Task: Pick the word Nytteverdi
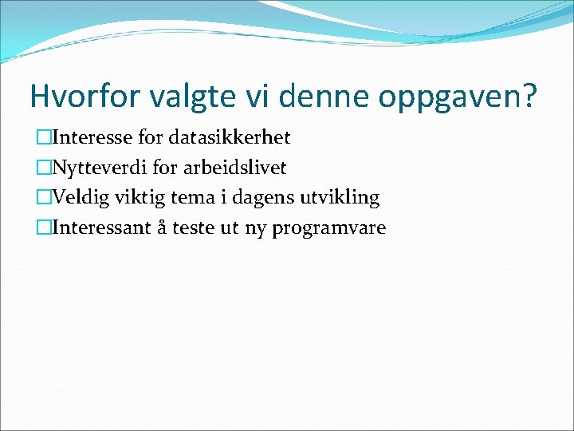coord(99,168)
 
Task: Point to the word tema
coord(190,198)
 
